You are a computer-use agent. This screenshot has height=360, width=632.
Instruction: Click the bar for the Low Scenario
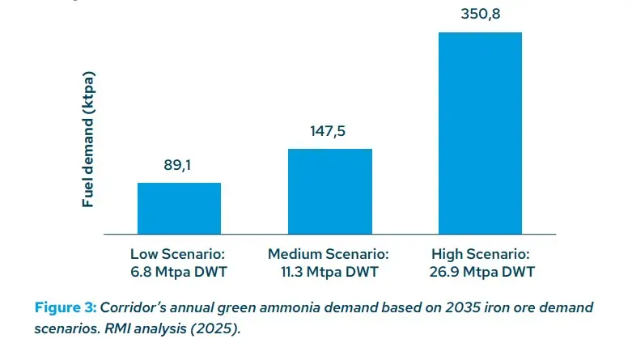[179, 208]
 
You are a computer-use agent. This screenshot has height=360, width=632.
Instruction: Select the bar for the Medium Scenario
[329, 191]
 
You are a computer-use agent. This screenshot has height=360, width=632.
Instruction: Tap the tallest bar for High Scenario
[480, 133]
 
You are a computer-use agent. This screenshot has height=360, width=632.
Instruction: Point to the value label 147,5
[329, 130]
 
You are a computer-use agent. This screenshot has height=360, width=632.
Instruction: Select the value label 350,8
[480, 14]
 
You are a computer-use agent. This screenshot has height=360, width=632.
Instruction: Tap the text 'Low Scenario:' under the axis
[178, 253]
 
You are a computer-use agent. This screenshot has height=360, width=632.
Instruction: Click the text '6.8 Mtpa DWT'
[178, 271]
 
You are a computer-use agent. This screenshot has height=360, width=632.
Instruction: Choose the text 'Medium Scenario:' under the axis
[329, 253]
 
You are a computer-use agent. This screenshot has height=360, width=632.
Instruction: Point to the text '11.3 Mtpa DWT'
[329, 271]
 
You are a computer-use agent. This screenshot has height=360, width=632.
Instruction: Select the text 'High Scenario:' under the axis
[480, 253]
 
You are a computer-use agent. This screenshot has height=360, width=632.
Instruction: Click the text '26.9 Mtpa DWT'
[480, 271]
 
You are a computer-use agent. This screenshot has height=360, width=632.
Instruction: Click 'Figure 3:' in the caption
[64, 307]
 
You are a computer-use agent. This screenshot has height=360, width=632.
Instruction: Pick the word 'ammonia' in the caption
[303, 307]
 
